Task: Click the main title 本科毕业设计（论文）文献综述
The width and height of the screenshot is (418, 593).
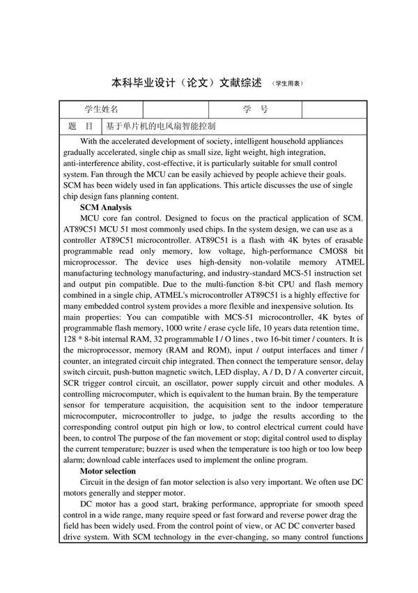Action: click(187, 82)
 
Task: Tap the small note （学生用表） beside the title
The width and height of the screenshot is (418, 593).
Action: click(287, 84)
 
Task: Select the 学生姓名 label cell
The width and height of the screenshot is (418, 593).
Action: click(101, 110)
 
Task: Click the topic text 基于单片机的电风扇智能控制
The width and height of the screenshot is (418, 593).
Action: click(160, 126)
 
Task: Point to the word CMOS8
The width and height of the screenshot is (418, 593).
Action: click(316, 255)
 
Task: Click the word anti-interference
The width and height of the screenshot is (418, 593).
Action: click(93, 163)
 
